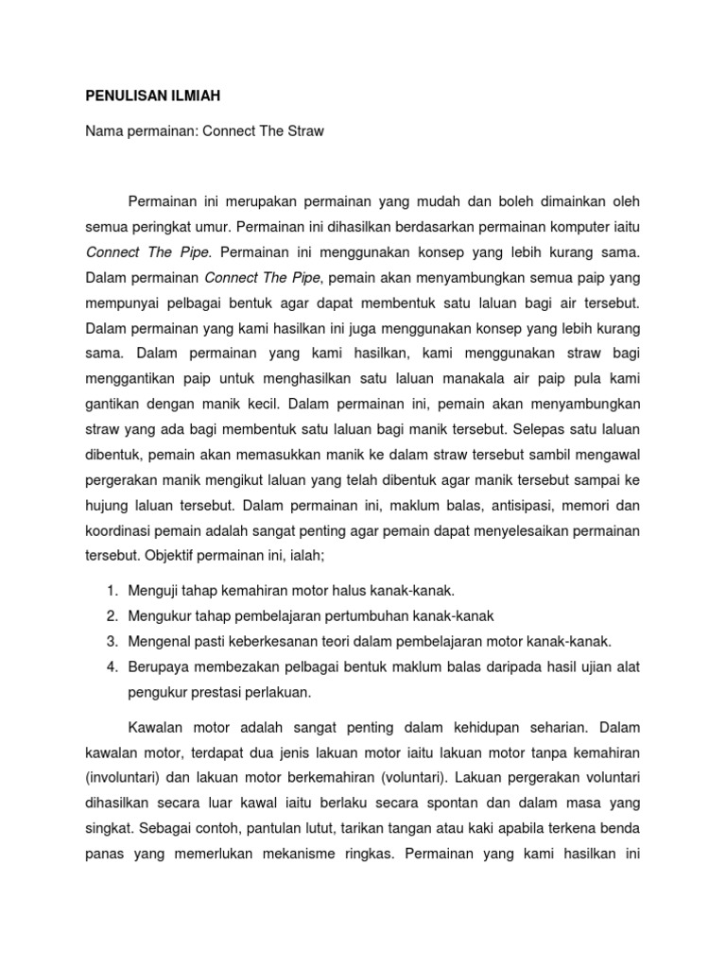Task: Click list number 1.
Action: (111, 591)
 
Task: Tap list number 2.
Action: (111, 616)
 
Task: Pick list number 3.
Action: (111, 641)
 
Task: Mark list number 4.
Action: (111, 666)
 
